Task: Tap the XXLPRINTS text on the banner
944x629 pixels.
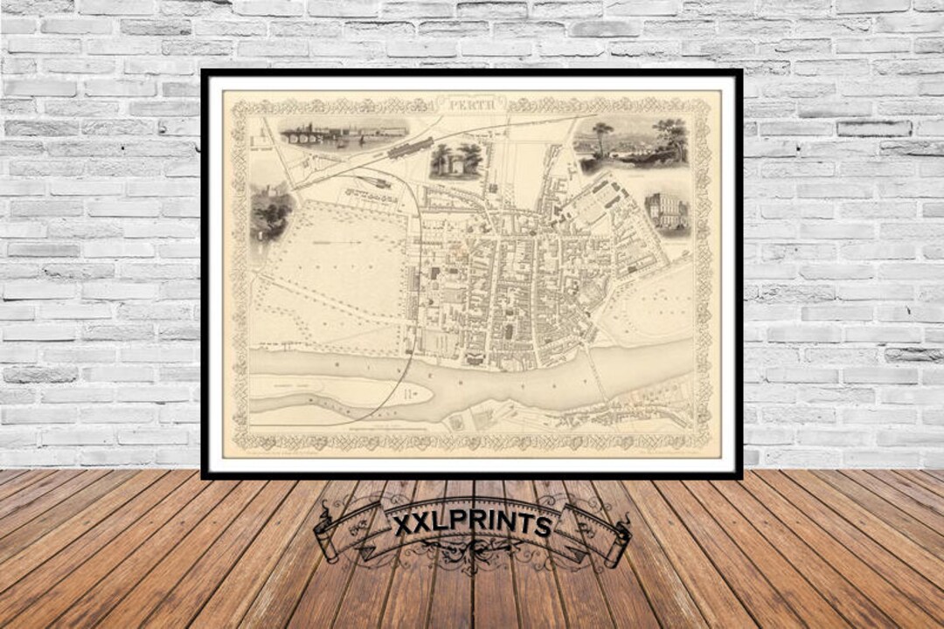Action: [472, 524]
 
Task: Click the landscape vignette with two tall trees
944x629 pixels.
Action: [631, 143]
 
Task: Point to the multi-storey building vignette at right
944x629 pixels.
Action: [667, 213]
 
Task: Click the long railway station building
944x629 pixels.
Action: [411, 148]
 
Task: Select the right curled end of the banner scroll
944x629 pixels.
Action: [619, 542]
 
